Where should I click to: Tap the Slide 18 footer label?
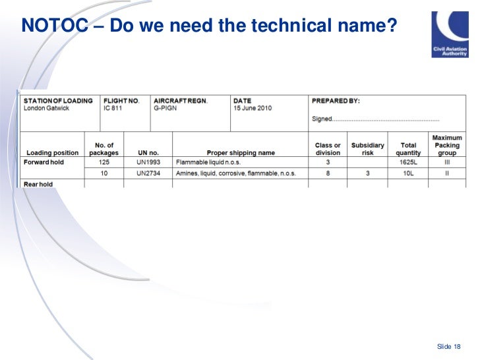tap(448, 347)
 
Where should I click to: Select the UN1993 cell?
tap(148, 162)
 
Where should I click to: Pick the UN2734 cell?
tap(148, 173)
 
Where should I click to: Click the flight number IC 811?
tap(113, 108)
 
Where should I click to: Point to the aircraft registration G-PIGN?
tap(165, 108)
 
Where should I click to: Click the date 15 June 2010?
tap(253, 108)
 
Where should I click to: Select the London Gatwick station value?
tap(47, 108)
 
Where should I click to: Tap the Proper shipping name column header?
tap(241, 153)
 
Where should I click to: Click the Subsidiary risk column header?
tap(367, 149)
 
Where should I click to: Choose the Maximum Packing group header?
tap(447, 145)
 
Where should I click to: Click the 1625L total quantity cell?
tap(408, 162)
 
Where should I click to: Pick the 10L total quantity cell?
tap(408, 173)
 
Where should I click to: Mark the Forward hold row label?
tap(44, 162)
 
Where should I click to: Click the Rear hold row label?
tap(39, 184)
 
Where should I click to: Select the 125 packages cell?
tap(104, 162)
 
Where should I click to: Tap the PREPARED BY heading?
tap(336, 101)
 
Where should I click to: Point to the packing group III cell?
tap(446, 162)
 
